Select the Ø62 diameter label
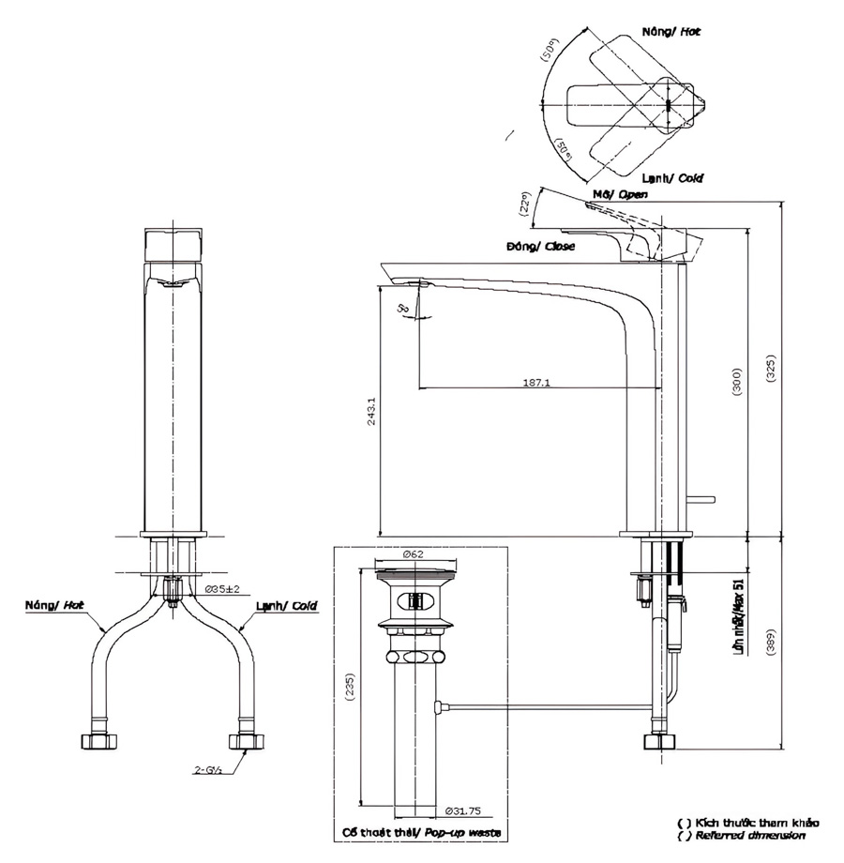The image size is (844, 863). pyautogui.click(x=415, y=554)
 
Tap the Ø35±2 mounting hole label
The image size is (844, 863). pyautogui.click(x=222, y=589)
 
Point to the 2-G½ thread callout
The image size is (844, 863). pyautogui.click(x=208, y=770)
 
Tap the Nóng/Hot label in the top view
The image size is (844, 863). pyautogui.click(x=671, y=32)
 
